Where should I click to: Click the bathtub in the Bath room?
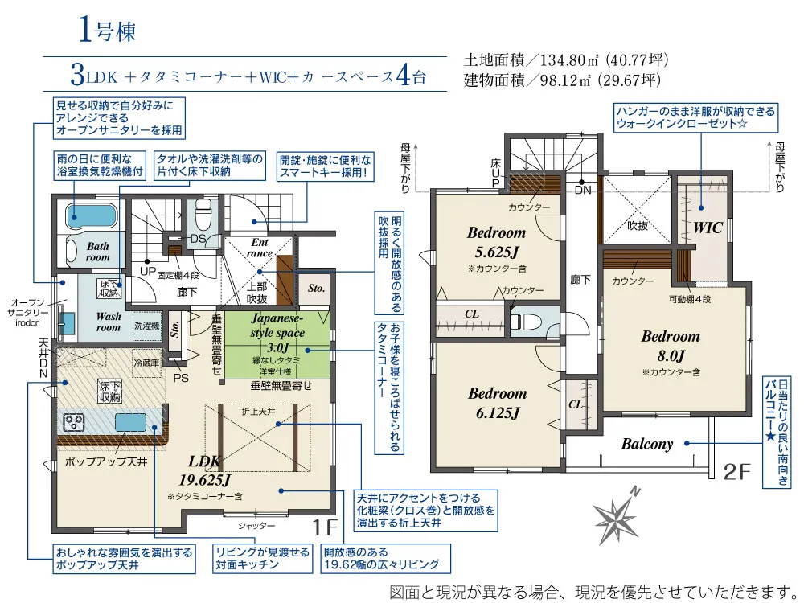pos(89,215)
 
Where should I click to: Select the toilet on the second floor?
pos(533,319)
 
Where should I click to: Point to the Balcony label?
pos(646,444)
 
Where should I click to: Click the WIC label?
pos(708,228)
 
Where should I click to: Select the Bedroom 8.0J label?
pos(671,345)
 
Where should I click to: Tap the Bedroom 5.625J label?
pos(496,242)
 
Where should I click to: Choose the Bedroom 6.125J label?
pos(497,403)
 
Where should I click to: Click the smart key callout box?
pos(325,166)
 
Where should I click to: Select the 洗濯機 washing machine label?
pos(146,327)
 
